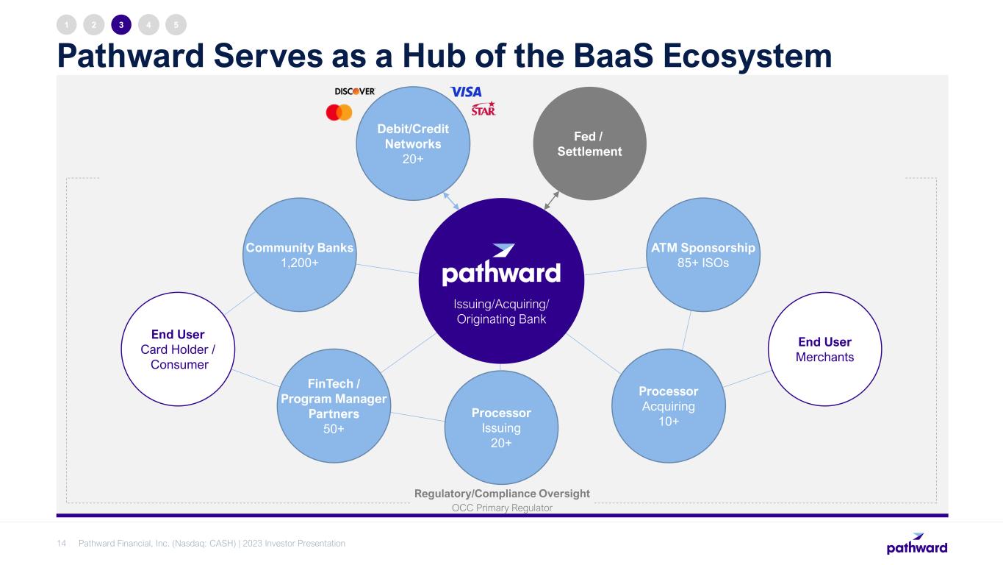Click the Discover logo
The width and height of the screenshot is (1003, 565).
click(x=355, y=91)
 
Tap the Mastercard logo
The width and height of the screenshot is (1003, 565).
click(x=339, y=112)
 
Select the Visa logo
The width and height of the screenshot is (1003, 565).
click(x=466, y=92)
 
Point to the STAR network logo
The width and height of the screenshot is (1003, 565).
click(x=483, y=109)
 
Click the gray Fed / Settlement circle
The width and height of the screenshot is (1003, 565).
click(x=590, y=143)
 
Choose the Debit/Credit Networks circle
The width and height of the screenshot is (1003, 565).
click(x=413, y=143)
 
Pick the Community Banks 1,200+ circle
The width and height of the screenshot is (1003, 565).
click(x=300, y=255)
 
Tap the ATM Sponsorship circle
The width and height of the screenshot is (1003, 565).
click(x=703, y=255)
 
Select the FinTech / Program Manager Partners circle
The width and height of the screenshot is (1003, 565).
click(x=334, y=406)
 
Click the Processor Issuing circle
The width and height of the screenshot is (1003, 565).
click(x=501, y=427)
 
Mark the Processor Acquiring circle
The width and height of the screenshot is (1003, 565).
click(x=669, y=406)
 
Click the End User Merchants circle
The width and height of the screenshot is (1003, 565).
click(x=824, y=349)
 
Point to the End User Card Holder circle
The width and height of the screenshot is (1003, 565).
click(x=178, y=349)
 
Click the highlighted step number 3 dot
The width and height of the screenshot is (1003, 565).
click(x=121, y=25)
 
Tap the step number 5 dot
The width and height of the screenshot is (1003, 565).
click(x=176, y=25)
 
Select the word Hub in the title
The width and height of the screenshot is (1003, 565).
click(x=434, y=56)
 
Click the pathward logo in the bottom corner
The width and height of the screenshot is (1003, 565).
click(x=917, y=544)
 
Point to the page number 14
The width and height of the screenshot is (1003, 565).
click(x=61, y=544)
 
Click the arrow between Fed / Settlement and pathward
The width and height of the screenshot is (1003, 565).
click(x=551, y=200)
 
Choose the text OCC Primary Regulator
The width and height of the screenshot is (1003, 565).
click(x=502, y=508)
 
